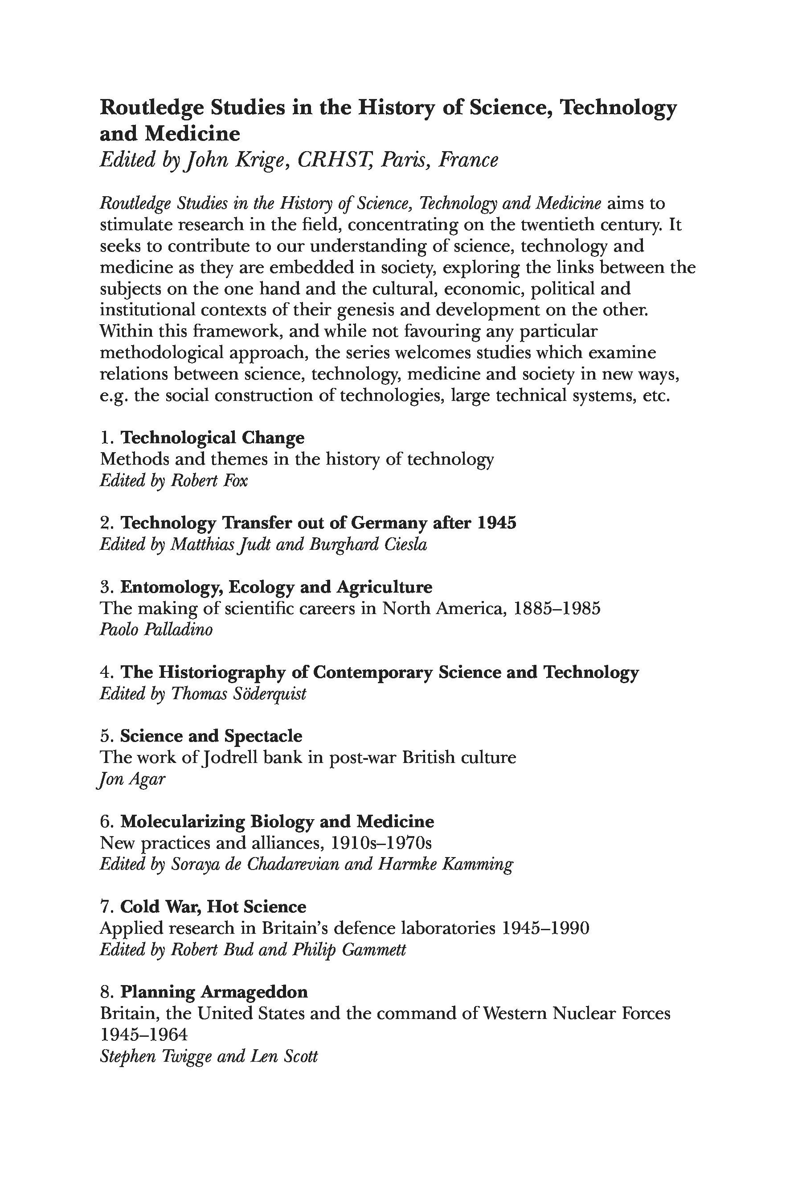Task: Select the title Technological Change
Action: pos(212,438)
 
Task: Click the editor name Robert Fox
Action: pos(209,481)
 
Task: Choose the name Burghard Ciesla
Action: pos(368,544)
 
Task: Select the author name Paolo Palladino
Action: pos(156,630)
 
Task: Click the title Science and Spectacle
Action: pos(211,736)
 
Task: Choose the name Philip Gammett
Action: pos(349,950)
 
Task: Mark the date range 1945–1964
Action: pos(144,1035)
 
